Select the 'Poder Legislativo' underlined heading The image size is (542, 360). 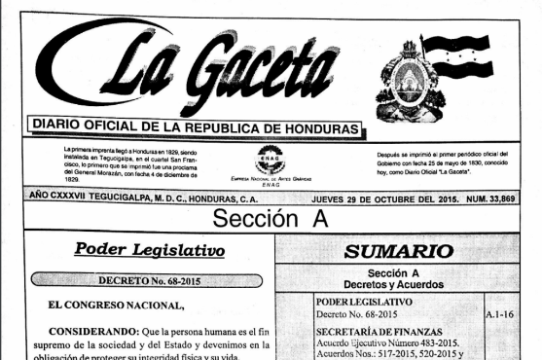tap(150, 250)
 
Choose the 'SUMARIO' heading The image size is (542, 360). tap(400, 250)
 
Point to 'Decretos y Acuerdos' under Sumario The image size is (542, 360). tap(399, 284)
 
